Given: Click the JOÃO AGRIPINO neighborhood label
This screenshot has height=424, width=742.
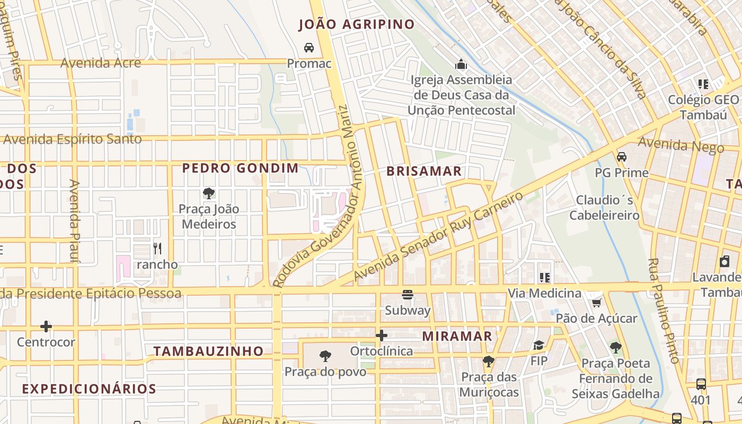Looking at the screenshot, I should [356, 24].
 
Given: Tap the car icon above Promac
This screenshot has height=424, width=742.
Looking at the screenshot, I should [309, 48].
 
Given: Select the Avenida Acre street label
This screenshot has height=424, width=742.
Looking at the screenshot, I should [101, 63].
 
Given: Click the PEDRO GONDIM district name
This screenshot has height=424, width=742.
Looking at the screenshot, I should [241, 169].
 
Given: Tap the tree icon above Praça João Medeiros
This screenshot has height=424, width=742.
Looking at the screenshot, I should [209, 193].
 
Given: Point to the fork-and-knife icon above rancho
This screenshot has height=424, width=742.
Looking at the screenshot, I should [157, 248].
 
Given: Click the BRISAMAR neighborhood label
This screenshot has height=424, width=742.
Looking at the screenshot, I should [424, 171].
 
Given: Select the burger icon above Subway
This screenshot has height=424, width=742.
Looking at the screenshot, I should [408, 295].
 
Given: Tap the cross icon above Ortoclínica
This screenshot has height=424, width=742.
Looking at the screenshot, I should [381, 335].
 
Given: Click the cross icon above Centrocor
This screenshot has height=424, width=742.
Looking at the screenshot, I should [46, 326].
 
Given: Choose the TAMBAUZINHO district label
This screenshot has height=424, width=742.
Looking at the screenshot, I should [208, 351].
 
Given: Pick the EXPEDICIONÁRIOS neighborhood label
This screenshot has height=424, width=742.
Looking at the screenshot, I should [89, 388].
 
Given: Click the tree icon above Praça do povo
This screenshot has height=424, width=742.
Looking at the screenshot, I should [325, 356].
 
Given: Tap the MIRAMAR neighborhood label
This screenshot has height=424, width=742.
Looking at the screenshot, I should [457, 336].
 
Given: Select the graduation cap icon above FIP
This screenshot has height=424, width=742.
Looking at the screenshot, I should [539, 346].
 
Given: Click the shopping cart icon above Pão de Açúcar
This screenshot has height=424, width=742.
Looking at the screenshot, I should [597, 303].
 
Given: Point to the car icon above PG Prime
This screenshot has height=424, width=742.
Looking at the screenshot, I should [622, 157].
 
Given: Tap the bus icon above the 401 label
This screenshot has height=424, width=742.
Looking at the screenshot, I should [701, 384].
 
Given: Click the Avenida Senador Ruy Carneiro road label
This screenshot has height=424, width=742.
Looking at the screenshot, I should [438, 237].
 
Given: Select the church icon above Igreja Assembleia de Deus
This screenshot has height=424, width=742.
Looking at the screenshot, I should [461, 65].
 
